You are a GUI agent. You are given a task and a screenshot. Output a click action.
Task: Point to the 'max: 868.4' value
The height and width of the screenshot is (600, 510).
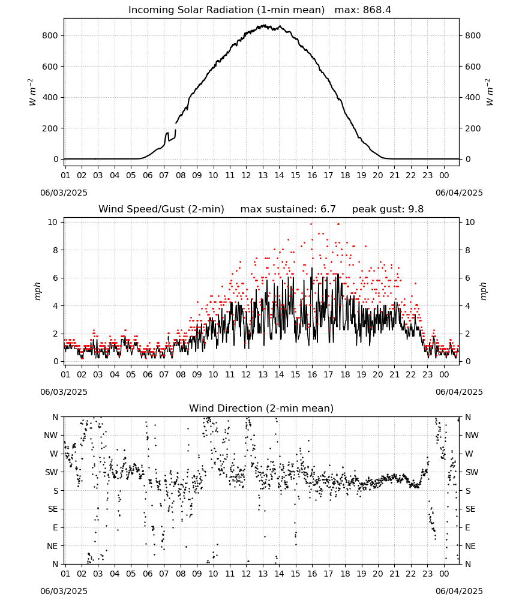(363, 10)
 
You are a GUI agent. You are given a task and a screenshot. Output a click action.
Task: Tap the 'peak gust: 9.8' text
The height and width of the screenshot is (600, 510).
(388, 209)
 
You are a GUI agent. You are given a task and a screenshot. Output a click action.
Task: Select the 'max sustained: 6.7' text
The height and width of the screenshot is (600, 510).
(288, 209)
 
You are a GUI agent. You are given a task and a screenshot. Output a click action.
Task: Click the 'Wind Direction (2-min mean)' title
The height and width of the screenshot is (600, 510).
(262, 408)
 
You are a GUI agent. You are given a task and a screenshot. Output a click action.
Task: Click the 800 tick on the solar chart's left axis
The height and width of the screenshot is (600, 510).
(50, 35)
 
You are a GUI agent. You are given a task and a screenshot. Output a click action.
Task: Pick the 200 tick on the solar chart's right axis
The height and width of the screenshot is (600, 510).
(473, 128)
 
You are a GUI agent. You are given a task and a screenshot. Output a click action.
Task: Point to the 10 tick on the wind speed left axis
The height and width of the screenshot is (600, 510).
(53, 223)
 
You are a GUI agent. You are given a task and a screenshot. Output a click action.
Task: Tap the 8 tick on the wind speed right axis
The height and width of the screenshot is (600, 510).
(467, 250)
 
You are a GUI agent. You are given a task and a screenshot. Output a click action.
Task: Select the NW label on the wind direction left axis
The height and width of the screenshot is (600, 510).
(51, 436)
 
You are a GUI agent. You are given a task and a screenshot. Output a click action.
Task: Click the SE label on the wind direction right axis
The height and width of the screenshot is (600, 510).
(470, 509)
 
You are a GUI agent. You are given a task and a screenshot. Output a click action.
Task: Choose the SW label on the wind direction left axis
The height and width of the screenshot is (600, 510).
(52, 472)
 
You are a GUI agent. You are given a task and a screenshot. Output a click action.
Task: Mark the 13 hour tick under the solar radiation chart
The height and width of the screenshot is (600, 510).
(263, 175)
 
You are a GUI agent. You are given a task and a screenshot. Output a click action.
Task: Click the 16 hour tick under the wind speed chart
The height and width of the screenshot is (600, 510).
(312, 374)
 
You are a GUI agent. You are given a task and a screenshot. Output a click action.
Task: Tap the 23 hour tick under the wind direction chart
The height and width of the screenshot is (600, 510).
(427, 574)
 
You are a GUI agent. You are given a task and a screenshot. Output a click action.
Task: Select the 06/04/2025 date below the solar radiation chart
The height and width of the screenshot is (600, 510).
(459, 193)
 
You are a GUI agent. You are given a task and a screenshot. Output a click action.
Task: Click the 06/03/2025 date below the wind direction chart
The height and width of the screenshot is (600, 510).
(64, 591)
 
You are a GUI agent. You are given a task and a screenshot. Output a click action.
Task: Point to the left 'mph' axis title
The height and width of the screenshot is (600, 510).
(37, 291)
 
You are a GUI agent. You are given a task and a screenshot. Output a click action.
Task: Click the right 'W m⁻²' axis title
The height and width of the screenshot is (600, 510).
(490, 92)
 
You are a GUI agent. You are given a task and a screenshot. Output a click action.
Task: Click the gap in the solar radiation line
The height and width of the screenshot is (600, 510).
(176, 126)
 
